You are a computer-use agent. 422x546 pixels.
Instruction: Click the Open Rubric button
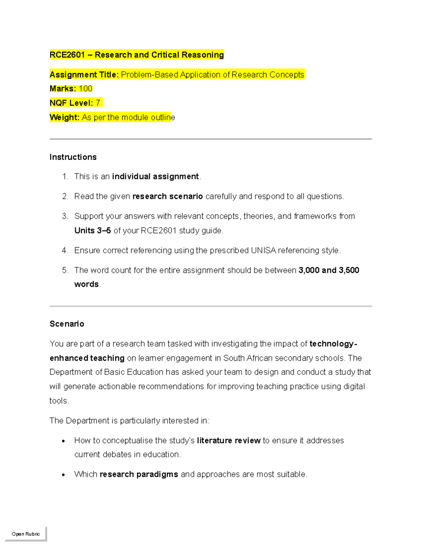click(x=26, y=534)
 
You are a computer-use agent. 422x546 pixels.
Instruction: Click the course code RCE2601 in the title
click(x=67, y=55)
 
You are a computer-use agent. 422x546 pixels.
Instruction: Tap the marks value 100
click(x=85, y=89)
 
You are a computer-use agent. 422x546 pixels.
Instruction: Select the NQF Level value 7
click(x=98, y=103)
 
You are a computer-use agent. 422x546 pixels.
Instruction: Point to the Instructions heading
click(x=73, y=157)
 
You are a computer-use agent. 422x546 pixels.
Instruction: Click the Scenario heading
click(x=67, y=324)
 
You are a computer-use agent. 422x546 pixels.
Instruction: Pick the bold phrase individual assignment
click(x=155, y=176)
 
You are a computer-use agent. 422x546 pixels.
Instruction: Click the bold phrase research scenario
click(x=167, y=196)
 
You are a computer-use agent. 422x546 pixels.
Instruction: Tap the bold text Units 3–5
click(x=92, y=231)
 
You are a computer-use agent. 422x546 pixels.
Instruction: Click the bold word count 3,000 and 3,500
click(x=328, y=270)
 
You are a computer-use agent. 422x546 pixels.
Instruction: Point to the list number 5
click(x=65, y=270)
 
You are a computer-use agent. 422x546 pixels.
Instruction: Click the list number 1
click(x=65, y=176)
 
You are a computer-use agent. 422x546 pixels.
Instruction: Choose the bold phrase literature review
click(x=229, y=441)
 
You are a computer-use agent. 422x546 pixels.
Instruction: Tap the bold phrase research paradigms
click(x=139, y=474)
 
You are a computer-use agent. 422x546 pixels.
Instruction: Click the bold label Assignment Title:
click(x=84, y=75)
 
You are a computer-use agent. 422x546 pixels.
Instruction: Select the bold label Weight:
click(x=64, y=117)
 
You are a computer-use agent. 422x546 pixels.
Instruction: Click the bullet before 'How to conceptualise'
click(x=63, y=441)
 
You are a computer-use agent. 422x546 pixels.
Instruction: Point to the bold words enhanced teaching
click(x=87, y=358)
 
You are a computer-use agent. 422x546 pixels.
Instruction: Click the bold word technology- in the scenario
click(x=333, y=343)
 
